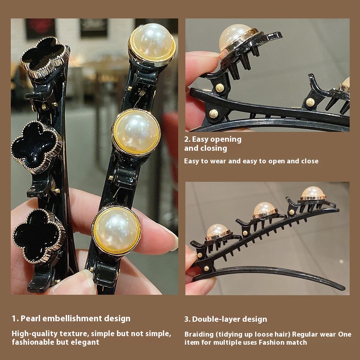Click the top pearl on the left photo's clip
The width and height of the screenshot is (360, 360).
(152, 44)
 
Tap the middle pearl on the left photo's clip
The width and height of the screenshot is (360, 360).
(136, 132)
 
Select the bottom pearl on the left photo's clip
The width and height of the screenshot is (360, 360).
(117, 230)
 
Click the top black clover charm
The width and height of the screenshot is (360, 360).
(45, 57)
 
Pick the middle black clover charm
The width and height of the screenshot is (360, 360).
(36, 148)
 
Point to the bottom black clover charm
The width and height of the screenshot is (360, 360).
(38, 237)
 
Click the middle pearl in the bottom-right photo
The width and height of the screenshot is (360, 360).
(264, 208)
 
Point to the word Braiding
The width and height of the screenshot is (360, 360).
(199, 334)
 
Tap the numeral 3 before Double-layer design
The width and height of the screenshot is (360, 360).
(187, 319)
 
